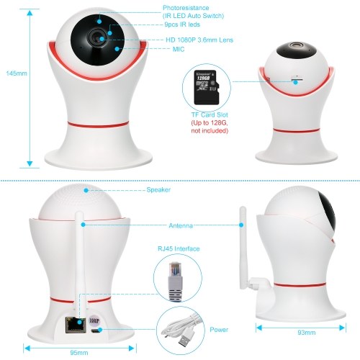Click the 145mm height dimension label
click(17, 73)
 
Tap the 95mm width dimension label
click(79, 353)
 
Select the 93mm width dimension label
click(307, 333)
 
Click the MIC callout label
click(179, 49)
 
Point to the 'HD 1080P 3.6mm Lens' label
click(199, 40)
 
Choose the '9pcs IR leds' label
click(182, 24)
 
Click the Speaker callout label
click(158, 189)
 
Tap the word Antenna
click(181, 225)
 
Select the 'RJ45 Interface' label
click(179, 248)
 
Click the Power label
click(219, 330)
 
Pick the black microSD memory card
click(207, 87)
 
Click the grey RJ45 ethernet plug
click(176, 282)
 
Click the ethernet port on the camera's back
click(76, 325)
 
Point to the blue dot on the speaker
click(86, 190)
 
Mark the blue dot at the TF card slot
click(296, 82)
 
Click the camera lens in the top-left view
click(97, 38)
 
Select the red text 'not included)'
click(210, 131)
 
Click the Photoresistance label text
click(186, 8)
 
